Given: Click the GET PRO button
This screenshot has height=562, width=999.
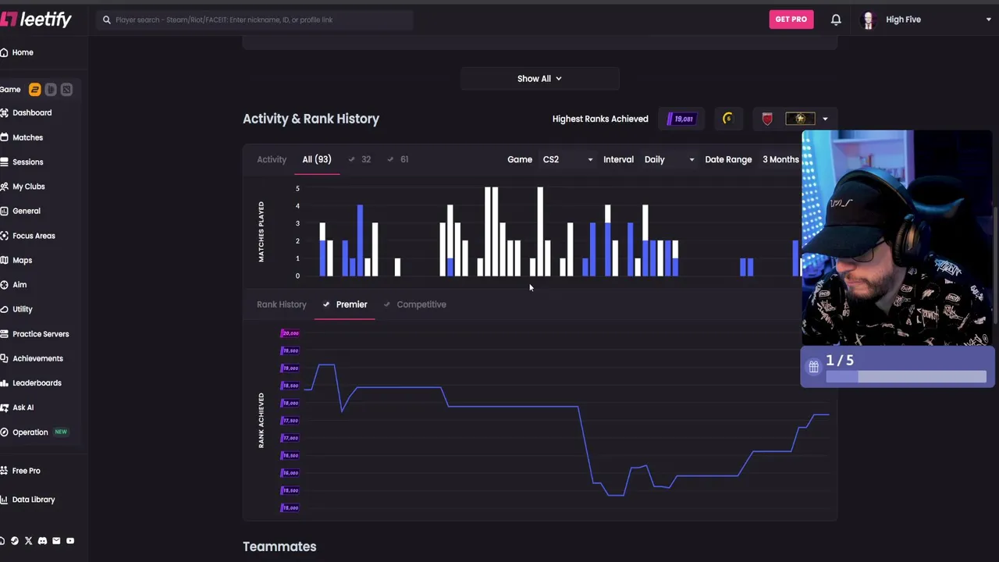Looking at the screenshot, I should pos(791,20).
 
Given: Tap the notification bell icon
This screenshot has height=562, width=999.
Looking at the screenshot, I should pos(836,20).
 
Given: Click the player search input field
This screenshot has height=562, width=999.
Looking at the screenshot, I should pos(258,20).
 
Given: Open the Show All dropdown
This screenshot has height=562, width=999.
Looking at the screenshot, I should pos(539,79).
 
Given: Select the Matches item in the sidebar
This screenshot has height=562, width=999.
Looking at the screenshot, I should pos(27,137).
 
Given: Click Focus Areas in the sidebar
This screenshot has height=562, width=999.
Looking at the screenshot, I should pos(34,236).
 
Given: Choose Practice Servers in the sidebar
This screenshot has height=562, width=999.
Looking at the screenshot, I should pos(41,334).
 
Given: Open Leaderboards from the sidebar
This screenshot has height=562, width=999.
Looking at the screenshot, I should pos(37,383).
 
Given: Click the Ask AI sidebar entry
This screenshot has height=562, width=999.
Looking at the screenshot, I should pos(23,407).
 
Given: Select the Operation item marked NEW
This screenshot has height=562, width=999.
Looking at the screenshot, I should pos(30,432).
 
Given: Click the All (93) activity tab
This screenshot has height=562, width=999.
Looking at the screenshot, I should pos(317,159).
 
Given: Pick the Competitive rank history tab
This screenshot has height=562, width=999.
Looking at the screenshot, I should pos(421,304).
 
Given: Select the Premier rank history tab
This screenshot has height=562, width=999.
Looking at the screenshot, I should pos(351,304).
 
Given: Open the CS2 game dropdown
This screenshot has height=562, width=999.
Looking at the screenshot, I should pos(567,159).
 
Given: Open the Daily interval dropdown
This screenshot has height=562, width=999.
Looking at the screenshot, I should pos(669,159).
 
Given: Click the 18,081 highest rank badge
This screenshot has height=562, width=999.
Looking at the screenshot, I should pos(681,119).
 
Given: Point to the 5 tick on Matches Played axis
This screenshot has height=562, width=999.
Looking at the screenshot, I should pos(297,188).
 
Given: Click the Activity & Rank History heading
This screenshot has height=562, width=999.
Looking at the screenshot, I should pos(311,119).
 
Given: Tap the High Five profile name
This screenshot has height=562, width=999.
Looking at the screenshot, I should pos(903,20).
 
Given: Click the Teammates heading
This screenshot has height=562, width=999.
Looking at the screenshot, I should pos(279,546).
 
